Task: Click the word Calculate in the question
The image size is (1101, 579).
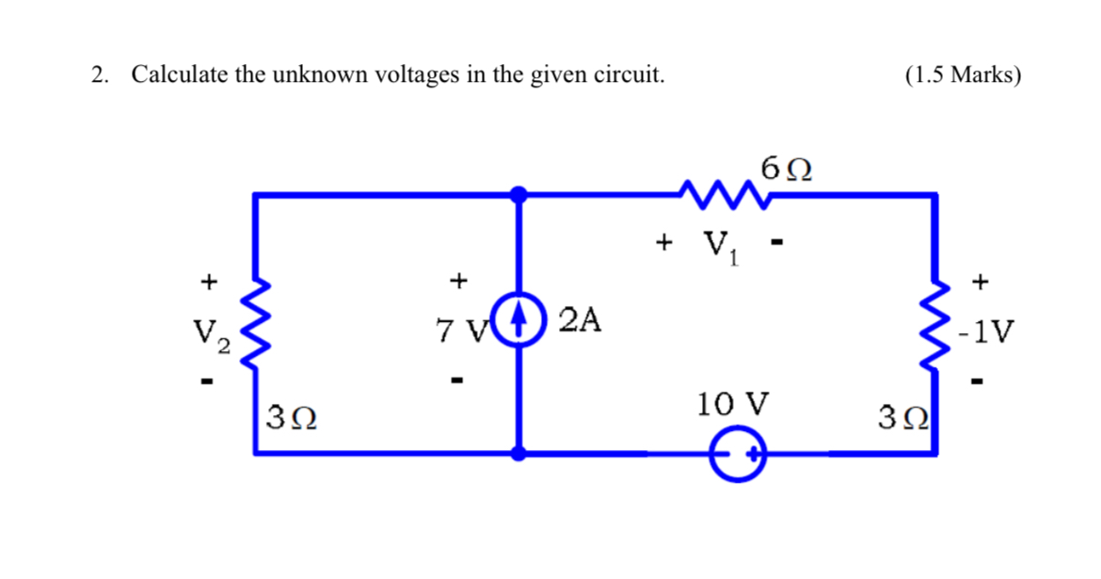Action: (x=179, y=75)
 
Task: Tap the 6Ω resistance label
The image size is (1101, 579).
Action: (x=788, y=171)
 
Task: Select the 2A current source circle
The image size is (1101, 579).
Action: (x=519, y=321)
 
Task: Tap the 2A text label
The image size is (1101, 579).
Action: (x=579, y=321)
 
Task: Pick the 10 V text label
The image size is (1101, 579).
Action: (x=732, y=405)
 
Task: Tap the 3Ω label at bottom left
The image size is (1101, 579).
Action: (x=291, y=415)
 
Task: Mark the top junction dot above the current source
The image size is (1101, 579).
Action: (x=519, y=195)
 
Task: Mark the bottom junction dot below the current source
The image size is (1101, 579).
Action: (x=519, y=453)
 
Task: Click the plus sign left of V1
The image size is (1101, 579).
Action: (x=663, y=243)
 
